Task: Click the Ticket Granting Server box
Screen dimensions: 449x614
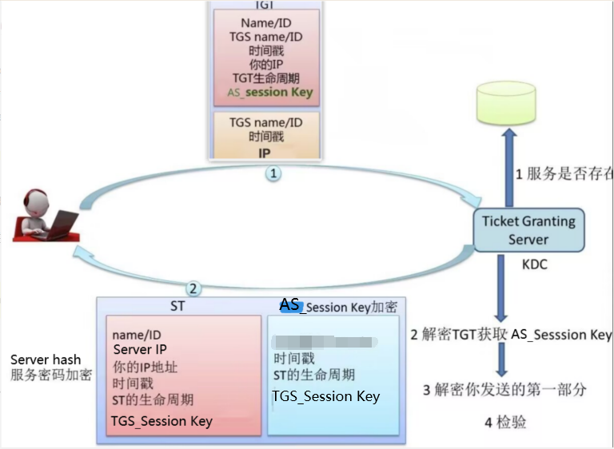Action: pyautogui.click(x=528, y=230)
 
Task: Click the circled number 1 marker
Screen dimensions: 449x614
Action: pyautogui.click(x=273, y=173)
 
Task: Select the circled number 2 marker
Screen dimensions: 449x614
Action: pyautogui.click(x=193, y=288)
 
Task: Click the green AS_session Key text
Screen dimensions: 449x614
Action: pyautogui.click(x=269, y=93)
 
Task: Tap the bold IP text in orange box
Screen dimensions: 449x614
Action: pyautogui.click(x=264, y=153)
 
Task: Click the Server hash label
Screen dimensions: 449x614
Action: pyautogui.click(x=46, y=360)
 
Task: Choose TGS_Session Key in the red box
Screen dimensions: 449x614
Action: pyautogui.click(x=161, y=421)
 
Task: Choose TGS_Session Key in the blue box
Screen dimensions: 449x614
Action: pyautogui.click(x=325, y=396)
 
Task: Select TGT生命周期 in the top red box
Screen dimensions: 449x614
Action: pyautogui.click(x=266, y=78)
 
